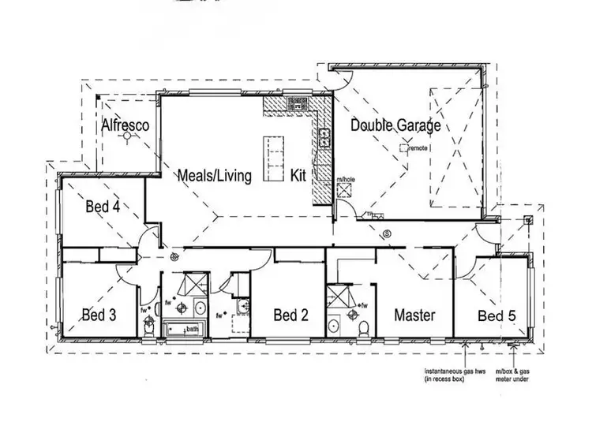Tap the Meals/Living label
coord(215,175)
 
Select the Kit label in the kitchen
coord(299,175)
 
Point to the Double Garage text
coord(395,125)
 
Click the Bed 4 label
coord(103,207)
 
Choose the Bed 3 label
coord(99,315)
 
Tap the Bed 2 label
coord(290,315)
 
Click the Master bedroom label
coord(414,315)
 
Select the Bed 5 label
coord(497,315)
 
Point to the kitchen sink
coord(324,138)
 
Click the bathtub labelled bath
coord(182,329)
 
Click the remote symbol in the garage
coord(404,147)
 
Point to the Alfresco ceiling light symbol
coord(123,136)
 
